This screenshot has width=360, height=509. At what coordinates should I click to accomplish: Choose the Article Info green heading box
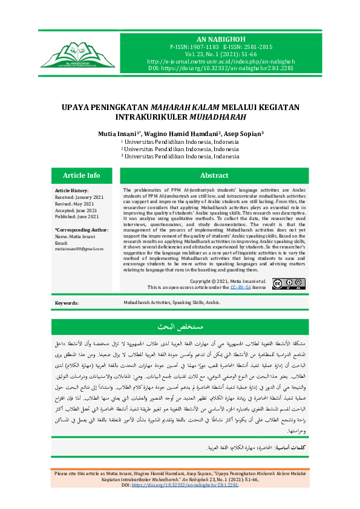(x=82, y=175)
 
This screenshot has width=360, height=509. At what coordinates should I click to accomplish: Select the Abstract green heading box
(x=214, y=175)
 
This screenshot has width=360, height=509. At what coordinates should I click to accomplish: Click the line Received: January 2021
(x=78, y=196)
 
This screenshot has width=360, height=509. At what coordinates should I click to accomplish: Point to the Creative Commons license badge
(x=289, y=284)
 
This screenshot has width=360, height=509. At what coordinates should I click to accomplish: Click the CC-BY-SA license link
(x=240, y=288)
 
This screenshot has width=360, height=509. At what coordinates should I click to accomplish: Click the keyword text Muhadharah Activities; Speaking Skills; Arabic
(x=172, y=302)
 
